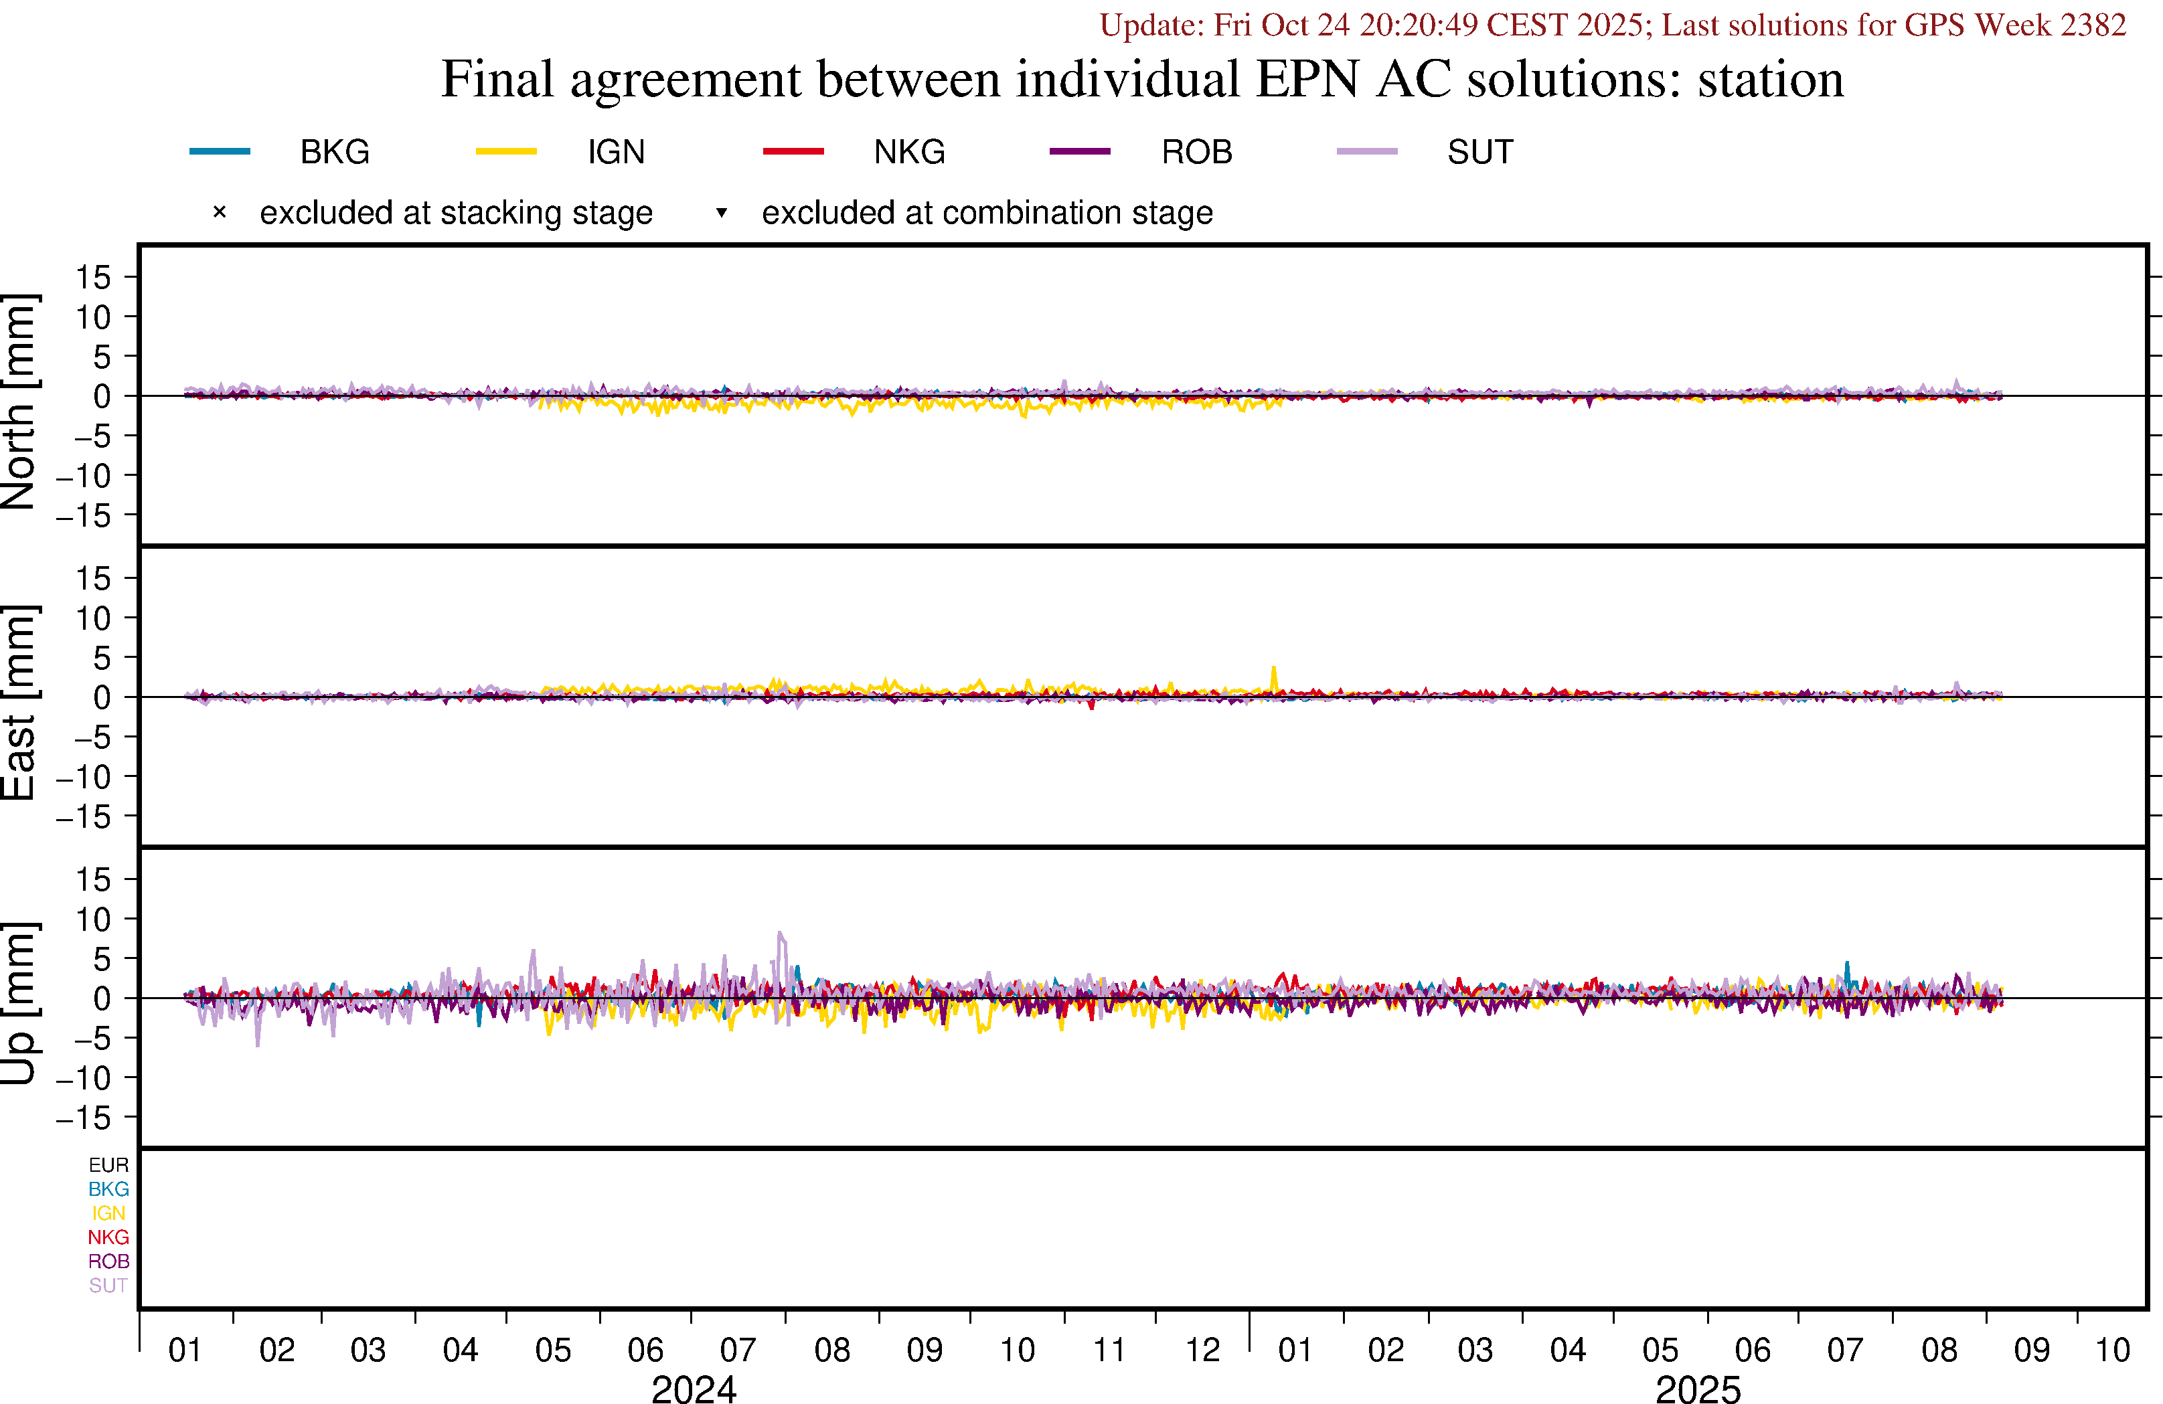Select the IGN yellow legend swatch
[506, 151]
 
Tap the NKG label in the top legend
[909, 152]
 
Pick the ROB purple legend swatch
[1080, 151]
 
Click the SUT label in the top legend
[1479, 152]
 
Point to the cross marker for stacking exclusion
[219, 213]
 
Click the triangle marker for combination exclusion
[721, 213]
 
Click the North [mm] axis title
[20, 401]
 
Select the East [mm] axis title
[20, 701]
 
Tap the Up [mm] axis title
[20, 1002]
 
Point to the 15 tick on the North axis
[92, 277]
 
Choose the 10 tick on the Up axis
[92, 919]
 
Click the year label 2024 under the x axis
[694, 1389]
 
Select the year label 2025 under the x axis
[1698, 1389]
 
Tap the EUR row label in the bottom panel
[108, 1165]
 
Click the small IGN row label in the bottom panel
[108, 1213]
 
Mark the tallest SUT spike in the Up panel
[780, 934]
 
